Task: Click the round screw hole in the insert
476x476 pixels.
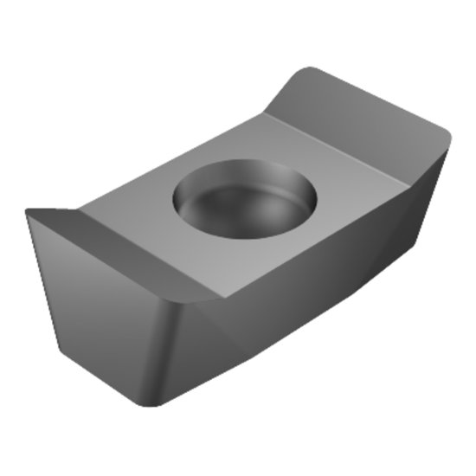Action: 245,198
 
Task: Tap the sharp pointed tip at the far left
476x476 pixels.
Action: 27,210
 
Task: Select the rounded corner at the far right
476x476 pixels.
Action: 447,138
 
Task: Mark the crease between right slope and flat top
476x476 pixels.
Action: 338,138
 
